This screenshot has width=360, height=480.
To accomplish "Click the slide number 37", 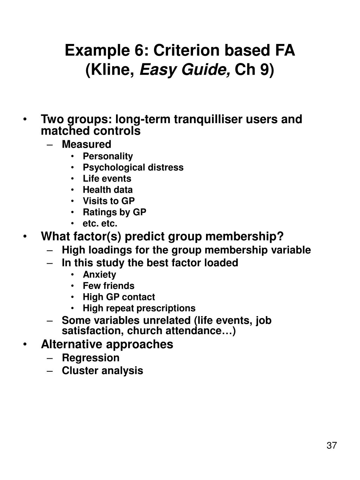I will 332,446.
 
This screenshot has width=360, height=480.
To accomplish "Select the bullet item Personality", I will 108,156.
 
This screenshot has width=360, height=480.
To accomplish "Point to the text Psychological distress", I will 133,167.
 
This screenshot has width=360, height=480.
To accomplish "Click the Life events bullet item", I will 107,179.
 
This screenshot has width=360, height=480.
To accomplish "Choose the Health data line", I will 108,190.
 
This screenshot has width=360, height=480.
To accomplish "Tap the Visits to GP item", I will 109,201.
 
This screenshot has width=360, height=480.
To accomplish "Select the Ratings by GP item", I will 114,212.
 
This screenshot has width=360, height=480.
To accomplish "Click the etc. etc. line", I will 100,224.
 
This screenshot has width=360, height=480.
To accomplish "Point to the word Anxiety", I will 99,275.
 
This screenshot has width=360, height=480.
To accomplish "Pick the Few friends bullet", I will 108,286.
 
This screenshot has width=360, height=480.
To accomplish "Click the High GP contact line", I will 118,297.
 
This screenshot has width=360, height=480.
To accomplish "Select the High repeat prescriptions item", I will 139,308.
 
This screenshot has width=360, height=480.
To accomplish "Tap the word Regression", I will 90,358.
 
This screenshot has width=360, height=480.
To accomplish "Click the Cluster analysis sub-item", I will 102,371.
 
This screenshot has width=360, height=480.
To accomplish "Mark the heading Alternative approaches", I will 107,344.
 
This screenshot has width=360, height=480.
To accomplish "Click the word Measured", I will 86,145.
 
